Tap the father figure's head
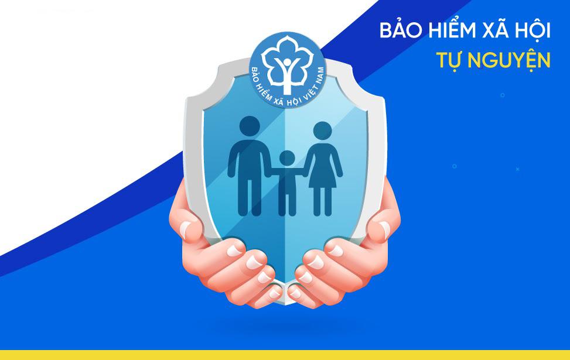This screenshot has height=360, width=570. tap(250, 127)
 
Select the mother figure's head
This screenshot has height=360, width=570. tap(322, 132)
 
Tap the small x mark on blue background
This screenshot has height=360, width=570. tap(517, 169)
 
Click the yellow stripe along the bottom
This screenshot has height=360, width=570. tap(285, 355)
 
